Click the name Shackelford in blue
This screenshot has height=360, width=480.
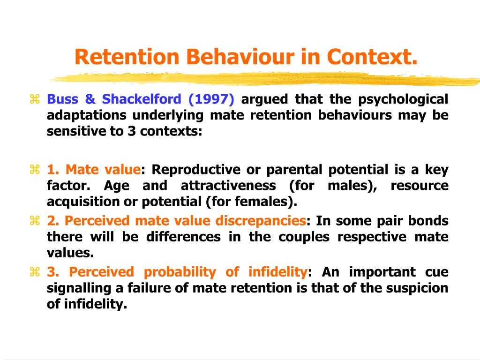[141, 99]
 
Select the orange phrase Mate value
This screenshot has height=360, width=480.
[103, 170]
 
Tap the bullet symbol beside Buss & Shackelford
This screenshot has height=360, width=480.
[34, 99]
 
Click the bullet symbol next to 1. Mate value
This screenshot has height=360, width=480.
[34, 170]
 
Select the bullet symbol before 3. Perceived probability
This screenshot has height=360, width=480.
[34, 272]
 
